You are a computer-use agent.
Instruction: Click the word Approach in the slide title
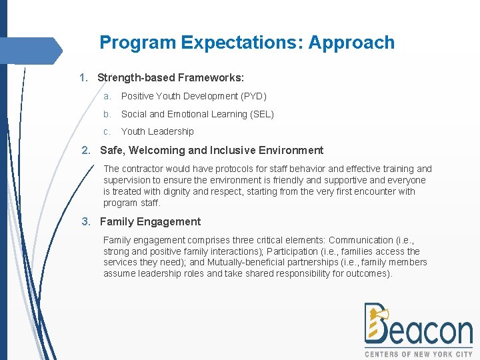351,43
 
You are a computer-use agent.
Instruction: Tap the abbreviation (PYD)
253,97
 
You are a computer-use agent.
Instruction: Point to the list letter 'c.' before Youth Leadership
107,131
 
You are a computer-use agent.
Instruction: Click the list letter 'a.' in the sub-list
107,97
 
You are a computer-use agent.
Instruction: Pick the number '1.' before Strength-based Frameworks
84,77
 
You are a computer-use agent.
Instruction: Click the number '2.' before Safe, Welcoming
86,150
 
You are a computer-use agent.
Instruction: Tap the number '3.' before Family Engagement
86,221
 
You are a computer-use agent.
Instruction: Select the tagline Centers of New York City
419,354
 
